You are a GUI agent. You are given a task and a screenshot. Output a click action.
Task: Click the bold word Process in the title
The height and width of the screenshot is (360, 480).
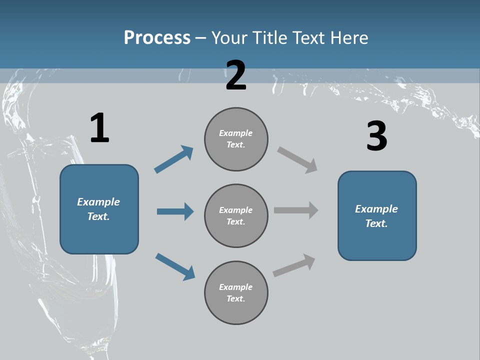157,37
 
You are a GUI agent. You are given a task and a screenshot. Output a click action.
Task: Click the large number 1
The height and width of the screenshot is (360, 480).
99,128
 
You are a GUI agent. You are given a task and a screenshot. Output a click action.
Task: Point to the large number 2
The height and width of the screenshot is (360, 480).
236,75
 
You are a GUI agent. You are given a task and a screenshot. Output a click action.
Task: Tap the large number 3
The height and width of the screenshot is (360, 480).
376,136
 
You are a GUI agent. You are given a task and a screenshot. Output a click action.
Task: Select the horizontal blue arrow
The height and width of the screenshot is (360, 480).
175,211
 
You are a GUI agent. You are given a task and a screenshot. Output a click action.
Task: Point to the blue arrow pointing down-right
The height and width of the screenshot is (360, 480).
175,266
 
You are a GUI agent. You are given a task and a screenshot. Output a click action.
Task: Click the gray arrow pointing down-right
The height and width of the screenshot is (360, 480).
297,160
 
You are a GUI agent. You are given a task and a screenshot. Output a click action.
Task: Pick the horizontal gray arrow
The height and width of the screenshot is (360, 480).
296,210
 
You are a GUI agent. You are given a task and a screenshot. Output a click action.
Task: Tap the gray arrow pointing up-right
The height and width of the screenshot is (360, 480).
294,265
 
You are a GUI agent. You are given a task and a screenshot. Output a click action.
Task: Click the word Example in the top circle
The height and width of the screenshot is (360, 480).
235,133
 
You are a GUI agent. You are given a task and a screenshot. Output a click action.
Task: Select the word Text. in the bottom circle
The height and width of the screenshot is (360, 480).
235,298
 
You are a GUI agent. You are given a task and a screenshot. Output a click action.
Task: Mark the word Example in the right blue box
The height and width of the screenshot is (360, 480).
376,209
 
